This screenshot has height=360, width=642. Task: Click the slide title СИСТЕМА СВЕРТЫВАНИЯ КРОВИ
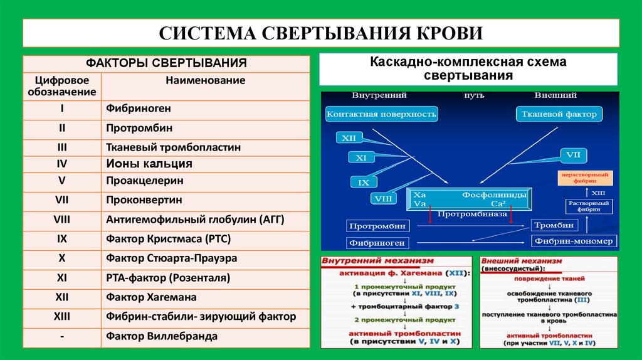[x=320, y=33]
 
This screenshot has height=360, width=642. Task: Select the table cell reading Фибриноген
[x=139, y=109]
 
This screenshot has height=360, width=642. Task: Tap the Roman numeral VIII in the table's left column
[x=62, y=220]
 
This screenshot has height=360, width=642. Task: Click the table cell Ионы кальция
[x=149, y=164]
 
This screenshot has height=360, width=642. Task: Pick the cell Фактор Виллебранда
[x=162, y=336]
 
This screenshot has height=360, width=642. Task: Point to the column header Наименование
[x=205, y=80]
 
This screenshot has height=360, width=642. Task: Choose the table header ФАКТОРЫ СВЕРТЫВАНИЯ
[x=166, y=63]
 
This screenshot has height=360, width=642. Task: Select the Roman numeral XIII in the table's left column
[x=62, y=317]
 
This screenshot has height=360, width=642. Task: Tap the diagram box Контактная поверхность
[x=381, y=114]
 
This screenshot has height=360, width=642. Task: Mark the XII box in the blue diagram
[x=348, y=139]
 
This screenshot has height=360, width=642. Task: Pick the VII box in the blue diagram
[x=572, y=154]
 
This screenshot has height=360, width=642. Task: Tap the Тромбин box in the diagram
[x=553, y=225]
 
